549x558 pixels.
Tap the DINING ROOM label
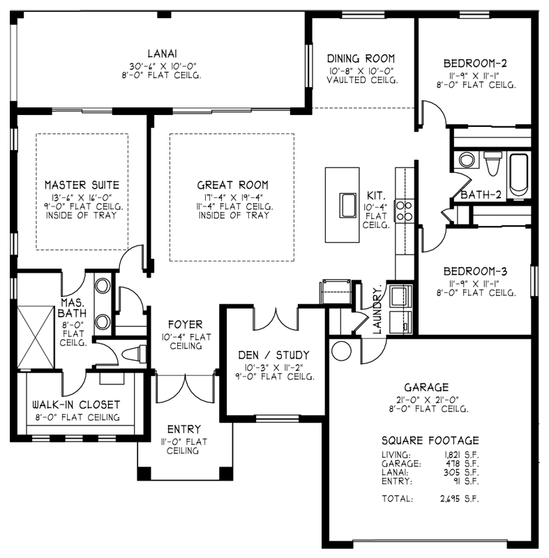[x=361, y=59]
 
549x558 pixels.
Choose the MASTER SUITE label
[x=82, y=185]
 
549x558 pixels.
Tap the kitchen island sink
[x=347, y=205]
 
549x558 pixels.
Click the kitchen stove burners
[x=403, y=211]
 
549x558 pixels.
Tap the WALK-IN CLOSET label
[x=76, y=405]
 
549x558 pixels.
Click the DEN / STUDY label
[x=273, y=354]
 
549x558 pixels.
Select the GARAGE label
[x=426, y=387]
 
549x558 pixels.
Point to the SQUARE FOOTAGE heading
[x=430, y=440]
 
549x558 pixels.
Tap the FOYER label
[x=185, y=324]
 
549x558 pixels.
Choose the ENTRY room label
[x=184, y=429]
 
